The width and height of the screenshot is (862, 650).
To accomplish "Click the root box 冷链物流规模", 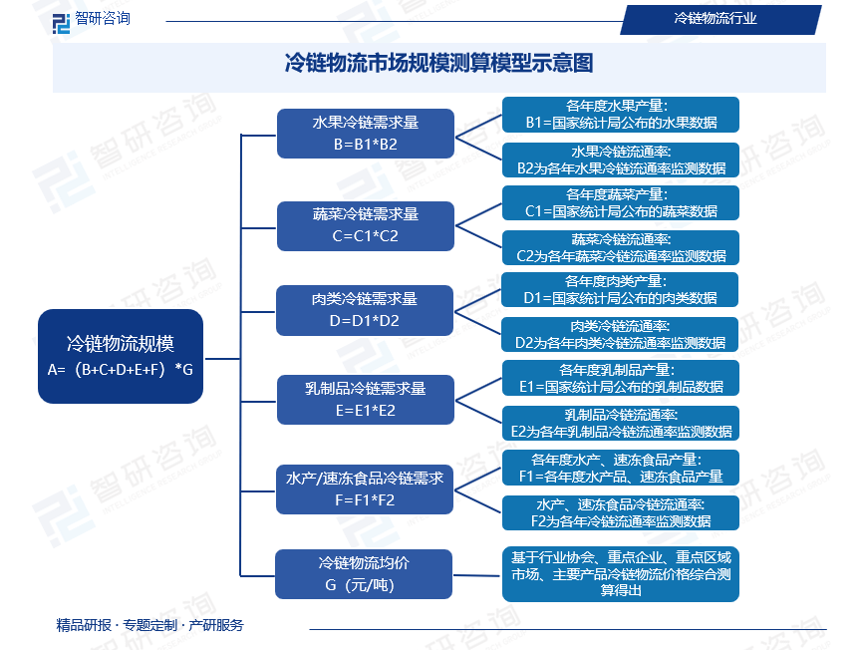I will coord(121,356).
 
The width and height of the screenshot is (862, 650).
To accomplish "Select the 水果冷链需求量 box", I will coord(365,133).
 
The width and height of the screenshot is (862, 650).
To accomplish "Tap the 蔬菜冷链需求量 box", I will coord(365,225).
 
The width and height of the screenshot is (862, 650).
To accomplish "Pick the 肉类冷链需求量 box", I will coord(365,310).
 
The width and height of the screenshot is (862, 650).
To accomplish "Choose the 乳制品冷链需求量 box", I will coord(365,399).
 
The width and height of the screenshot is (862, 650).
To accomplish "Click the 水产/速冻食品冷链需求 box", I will coord(365,489).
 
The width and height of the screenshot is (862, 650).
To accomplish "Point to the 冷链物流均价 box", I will coord(365,574).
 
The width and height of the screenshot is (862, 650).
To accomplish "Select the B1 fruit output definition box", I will coord(621,114).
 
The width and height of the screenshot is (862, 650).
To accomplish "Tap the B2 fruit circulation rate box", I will coord(621,160).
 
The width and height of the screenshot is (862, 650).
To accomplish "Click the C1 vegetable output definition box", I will coord(621,203).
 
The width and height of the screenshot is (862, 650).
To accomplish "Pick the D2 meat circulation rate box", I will coord(621,334).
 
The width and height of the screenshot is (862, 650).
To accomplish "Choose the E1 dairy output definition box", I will coord(621,378).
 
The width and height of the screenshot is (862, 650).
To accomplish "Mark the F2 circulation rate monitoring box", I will coord(621,512).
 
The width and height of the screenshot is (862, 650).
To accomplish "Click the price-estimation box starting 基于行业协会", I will coord(621,573).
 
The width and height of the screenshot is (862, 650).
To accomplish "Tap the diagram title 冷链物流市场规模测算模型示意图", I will coord(439,64).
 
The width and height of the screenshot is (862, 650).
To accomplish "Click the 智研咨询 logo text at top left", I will coord(103,18).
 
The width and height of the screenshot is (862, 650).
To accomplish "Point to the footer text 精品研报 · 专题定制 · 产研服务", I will coord(149,625).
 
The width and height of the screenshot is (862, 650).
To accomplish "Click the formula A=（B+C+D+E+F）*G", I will coord(121,369).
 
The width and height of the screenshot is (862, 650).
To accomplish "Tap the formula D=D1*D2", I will coord(365,321).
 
